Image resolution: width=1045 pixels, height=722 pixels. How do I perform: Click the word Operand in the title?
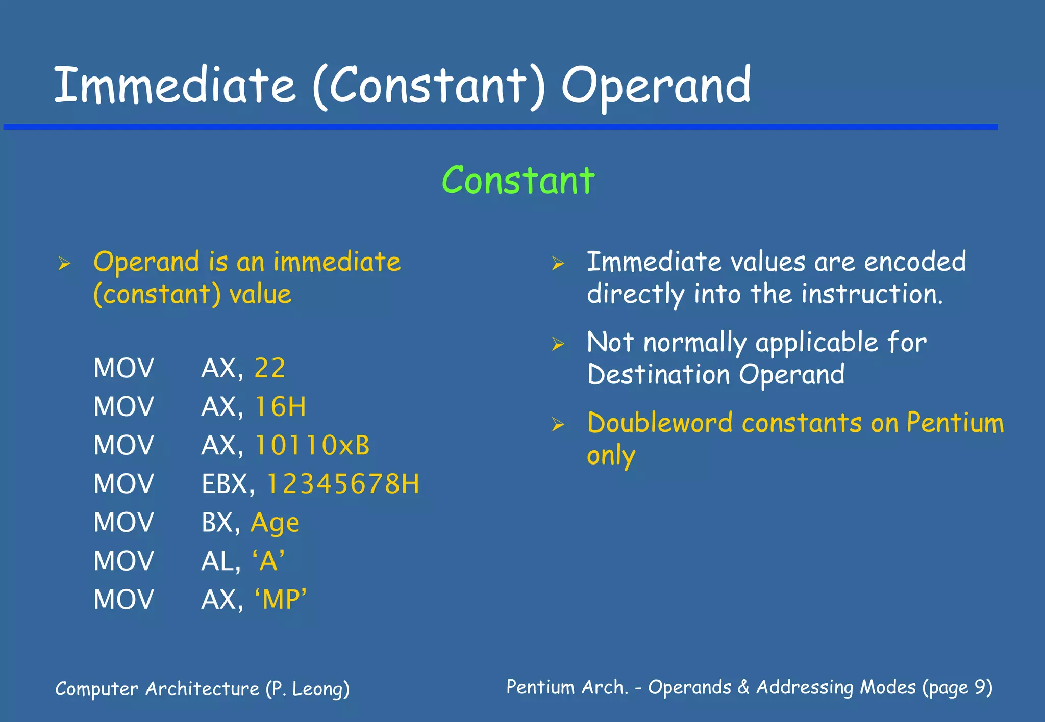pos(656,86)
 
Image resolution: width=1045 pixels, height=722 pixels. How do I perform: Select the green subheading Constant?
pos(518,181)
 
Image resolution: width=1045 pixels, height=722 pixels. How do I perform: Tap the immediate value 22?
pos(269,368)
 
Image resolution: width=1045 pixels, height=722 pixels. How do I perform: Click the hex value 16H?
pos(280,407)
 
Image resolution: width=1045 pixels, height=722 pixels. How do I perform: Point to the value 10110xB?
pos(312,445)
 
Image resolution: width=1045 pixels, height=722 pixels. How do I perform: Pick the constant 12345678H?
pos(342,484)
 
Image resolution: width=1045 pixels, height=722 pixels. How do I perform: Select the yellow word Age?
pos(275,523)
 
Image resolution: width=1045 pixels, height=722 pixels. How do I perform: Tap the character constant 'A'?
pos(268,561)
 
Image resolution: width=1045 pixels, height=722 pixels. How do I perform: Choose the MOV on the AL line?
pos(123,561)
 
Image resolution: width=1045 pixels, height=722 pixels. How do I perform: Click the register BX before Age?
pos(217,523)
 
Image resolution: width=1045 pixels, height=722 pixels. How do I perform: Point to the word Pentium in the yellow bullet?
pos(955,423)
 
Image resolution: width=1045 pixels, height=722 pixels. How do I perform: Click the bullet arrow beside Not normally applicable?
pos(558,344)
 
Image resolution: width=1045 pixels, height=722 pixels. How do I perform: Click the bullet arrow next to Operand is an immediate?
pos(64,264)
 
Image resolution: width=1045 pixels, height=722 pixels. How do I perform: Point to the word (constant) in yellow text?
pos(157,295)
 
